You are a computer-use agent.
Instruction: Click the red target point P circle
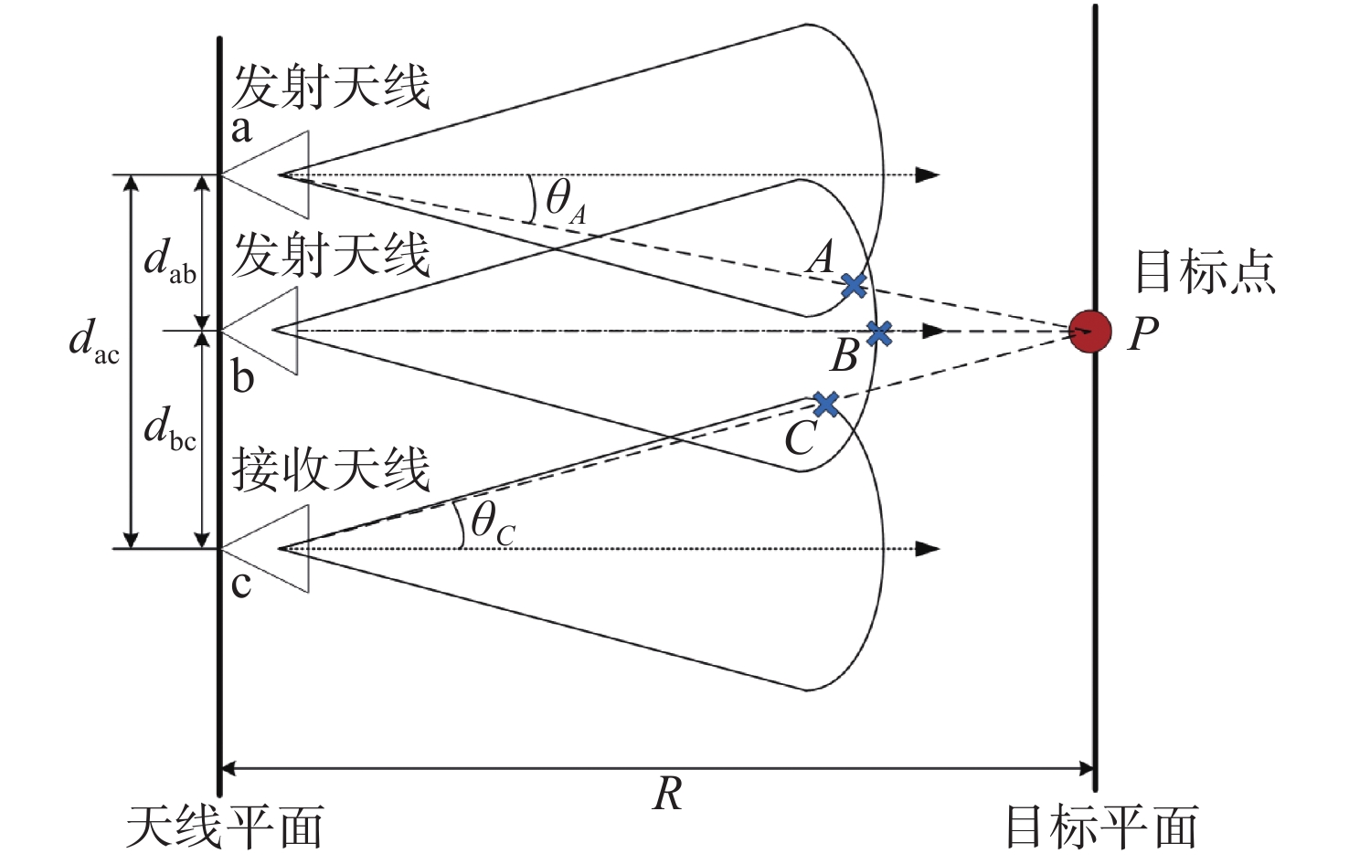1090,332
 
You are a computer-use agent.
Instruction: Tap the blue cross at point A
854,285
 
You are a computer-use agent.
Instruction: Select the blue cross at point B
879,332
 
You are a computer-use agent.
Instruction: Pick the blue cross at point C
825,405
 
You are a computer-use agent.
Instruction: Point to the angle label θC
493,523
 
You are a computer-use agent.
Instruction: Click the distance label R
667,794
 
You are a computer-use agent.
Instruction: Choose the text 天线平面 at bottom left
225,827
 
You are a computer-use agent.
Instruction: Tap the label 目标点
1206,272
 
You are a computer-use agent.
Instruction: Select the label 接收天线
331,470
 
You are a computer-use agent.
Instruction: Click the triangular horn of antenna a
265,174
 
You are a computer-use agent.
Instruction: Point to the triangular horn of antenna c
265,549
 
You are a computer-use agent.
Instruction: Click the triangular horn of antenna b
260,331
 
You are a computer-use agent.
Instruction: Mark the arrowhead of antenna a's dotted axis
928,175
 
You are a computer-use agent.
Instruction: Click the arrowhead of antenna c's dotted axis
928,549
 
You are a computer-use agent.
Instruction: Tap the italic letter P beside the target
1143,333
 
